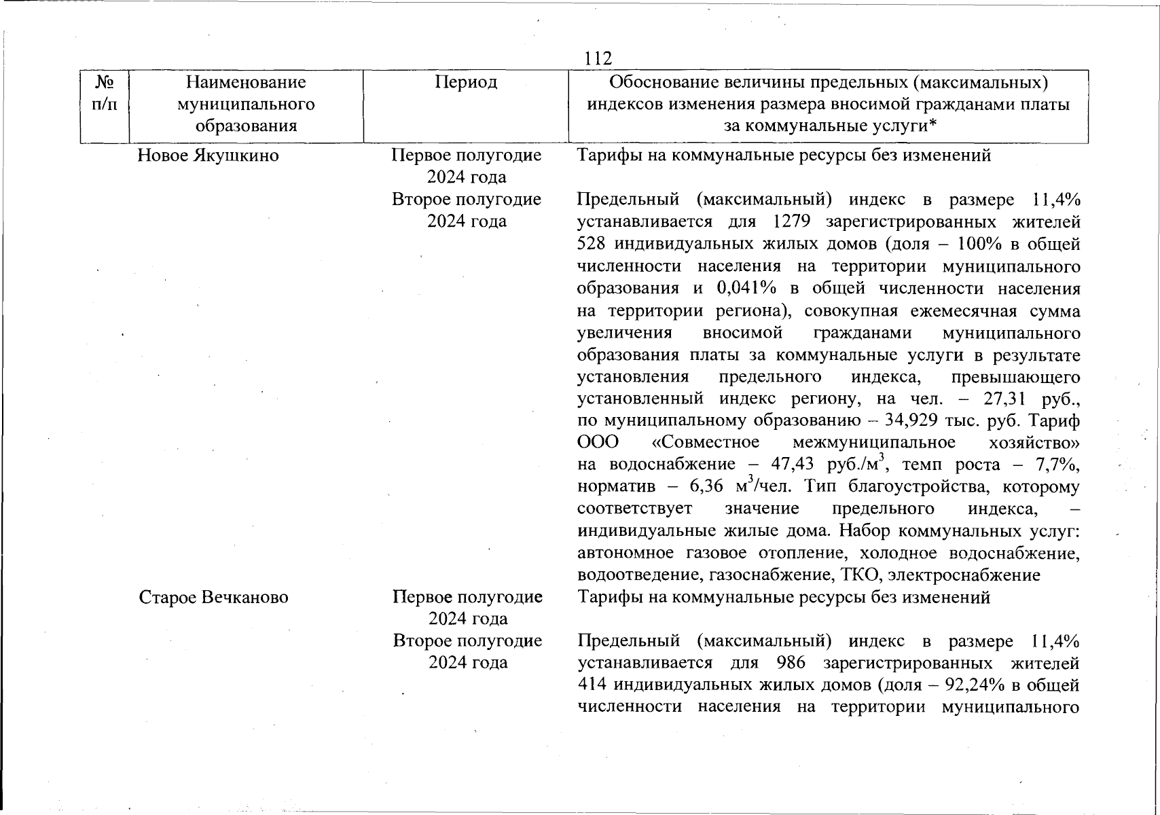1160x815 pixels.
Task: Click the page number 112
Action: click(598, 59)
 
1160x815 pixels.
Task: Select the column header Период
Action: click(466, 82)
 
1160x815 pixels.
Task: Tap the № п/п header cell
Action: click(105, 93)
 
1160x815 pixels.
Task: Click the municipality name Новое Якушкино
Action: click(209, 156)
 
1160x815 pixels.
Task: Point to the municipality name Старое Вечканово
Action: click(213, 598)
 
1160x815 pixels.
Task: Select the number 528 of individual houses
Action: click(592, 244)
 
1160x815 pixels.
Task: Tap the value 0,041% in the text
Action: click(746, 288)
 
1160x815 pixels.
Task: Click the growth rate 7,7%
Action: click(1062, 465)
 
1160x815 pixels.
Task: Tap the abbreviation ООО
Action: click(598, 443)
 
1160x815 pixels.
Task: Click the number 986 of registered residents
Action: click(786, 664)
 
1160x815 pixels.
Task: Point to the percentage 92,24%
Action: click(971, 685)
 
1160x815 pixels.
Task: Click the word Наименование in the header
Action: click(246, 82)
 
